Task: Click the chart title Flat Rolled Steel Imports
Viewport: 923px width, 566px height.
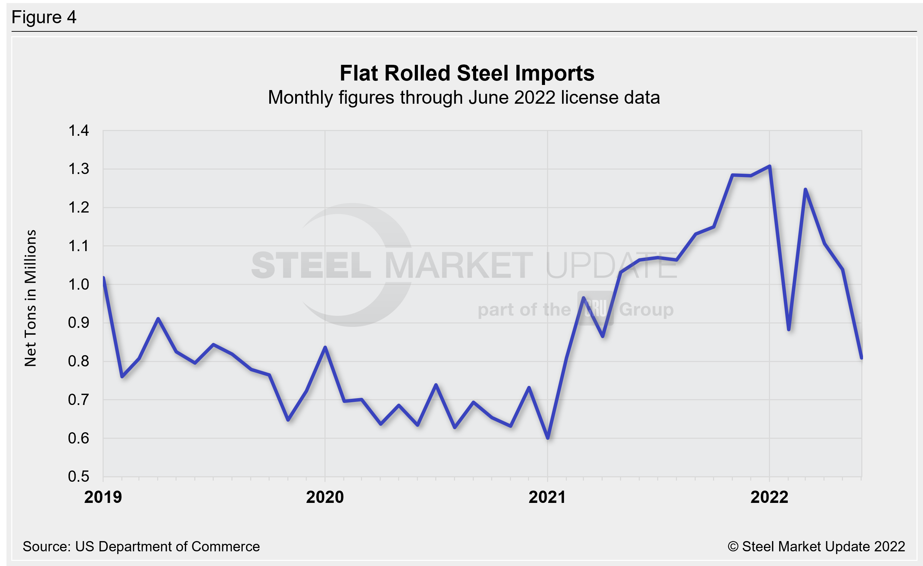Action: click(467, 73)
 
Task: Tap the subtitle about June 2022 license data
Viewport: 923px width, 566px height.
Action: click(464, 98)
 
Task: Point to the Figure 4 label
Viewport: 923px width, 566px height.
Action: click(44, 17)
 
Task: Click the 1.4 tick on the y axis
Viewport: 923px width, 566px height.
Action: click(79, 131)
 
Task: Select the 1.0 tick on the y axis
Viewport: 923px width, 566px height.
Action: click(79, 285)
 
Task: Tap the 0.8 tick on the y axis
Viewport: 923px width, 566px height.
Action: click(79, 361)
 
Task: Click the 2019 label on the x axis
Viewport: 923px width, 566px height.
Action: click(103, 497)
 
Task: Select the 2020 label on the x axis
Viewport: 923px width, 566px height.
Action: click(325, 497)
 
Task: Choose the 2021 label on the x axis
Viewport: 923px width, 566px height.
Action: click(547, 497)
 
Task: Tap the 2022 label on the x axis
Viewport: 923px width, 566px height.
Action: click(769, 497)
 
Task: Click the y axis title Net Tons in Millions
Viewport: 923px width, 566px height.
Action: click(30, 298)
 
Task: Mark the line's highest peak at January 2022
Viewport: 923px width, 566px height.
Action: click(769, 166)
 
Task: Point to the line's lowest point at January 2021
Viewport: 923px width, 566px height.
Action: click(548, 437)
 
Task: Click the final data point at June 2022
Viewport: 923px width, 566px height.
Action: click(862, 358)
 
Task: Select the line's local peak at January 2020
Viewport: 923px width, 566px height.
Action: click(325, 347)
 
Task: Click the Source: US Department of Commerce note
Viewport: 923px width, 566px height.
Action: click(141, 547)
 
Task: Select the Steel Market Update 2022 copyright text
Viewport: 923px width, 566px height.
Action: click(816, 547)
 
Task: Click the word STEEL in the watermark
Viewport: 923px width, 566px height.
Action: click(311, 265)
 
